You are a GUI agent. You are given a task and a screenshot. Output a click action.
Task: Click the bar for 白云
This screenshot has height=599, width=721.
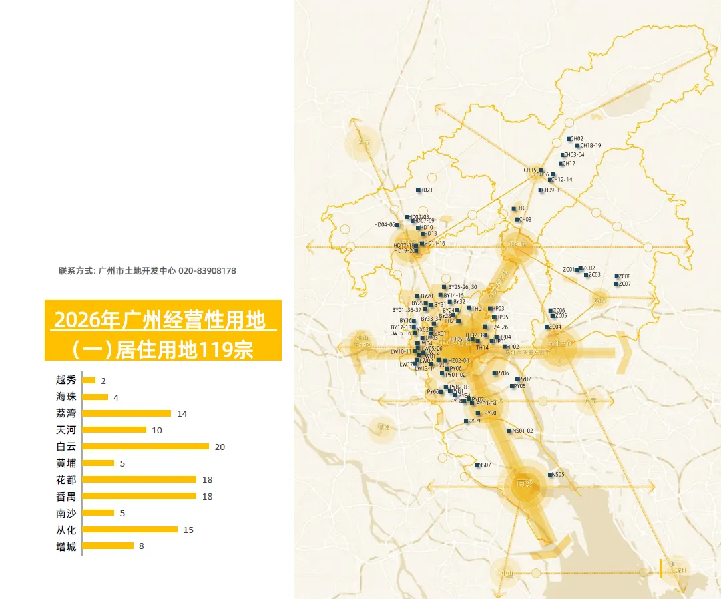(146, 446)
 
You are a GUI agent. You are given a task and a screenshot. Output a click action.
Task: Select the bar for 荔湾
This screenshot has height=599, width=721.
(127, 413)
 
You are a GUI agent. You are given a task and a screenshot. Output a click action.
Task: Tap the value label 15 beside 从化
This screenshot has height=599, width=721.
(188, 530)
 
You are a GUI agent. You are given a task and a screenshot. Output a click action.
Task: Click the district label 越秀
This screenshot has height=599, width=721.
(66, 380)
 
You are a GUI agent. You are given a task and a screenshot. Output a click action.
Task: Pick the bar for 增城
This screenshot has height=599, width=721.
(108, 546)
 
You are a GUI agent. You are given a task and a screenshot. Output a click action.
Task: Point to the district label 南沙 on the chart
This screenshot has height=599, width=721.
(66, 513)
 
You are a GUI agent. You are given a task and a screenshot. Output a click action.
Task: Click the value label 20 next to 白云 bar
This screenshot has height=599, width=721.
(220, 447)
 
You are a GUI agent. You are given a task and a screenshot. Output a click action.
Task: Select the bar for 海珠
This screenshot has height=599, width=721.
(95, 397)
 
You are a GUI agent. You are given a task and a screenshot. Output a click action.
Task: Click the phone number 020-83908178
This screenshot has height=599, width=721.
(207, 271)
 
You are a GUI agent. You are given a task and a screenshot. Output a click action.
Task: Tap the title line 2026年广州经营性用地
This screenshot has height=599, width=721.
(160, 320)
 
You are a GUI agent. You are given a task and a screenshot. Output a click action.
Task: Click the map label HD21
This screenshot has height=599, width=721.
(427, 190)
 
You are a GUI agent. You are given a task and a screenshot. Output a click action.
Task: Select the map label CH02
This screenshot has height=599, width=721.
(577, 139)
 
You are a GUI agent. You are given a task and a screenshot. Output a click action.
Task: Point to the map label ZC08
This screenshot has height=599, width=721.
(624, 276)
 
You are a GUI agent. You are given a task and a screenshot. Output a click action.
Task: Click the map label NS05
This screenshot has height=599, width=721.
(557, 475)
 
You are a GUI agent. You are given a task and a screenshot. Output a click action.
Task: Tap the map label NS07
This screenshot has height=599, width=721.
(485, 465)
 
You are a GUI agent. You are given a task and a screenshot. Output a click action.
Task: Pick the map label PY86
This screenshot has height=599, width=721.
(503, 373)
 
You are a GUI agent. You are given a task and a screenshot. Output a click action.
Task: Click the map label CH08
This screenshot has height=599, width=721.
(525, 220)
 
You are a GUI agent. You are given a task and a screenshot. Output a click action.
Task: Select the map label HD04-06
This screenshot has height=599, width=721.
(385, 225)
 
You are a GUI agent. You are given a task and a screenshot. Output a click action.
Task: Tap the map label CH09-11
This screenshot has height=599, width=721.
(551, 190)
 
